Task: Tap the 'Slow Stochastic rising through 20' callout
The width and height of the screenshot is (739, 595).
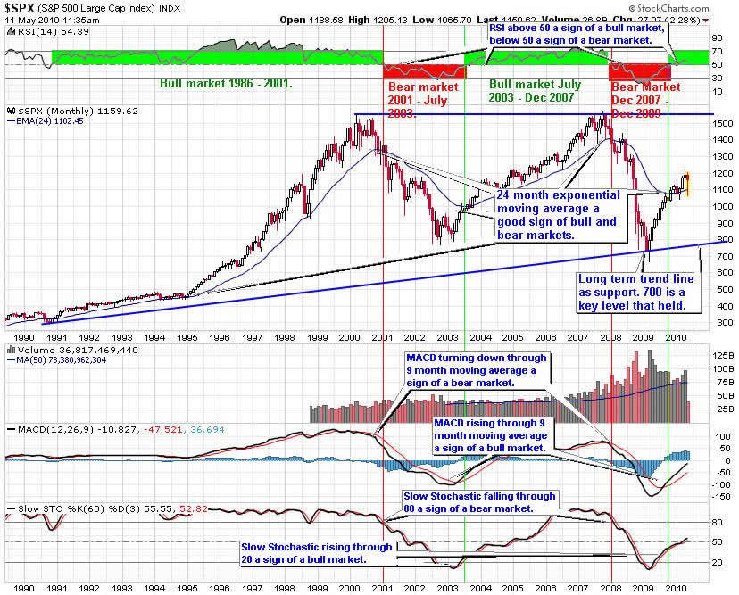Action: tap(316, 553)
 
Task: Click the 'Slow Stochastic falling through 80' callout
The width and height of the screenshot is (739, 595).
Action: tap(480, 501)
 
